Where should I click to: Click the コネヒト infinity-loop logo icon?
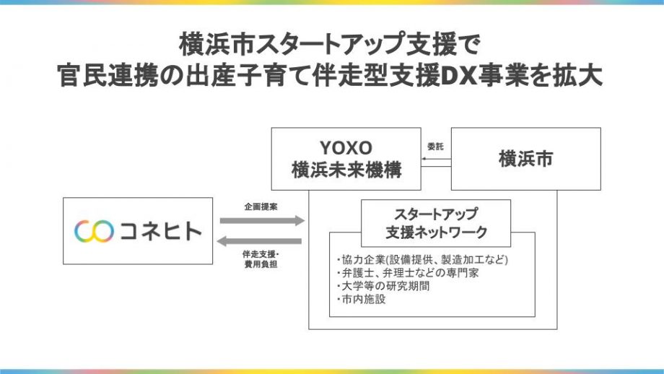[x=95, y=231]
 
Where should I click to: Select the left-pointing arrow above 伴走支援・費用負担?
[x=261, y=241]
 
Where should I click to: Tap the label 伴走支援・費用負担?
[x=261, y=259]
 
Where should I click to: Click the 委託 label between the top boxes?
[x=435, y=146]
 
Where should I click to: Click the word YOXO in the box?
[x=346, y=148]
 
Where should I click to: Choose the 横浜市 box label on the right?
[x=525, y=160]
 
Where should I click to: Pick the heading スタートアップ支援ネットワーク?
[x=435, y=223]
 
